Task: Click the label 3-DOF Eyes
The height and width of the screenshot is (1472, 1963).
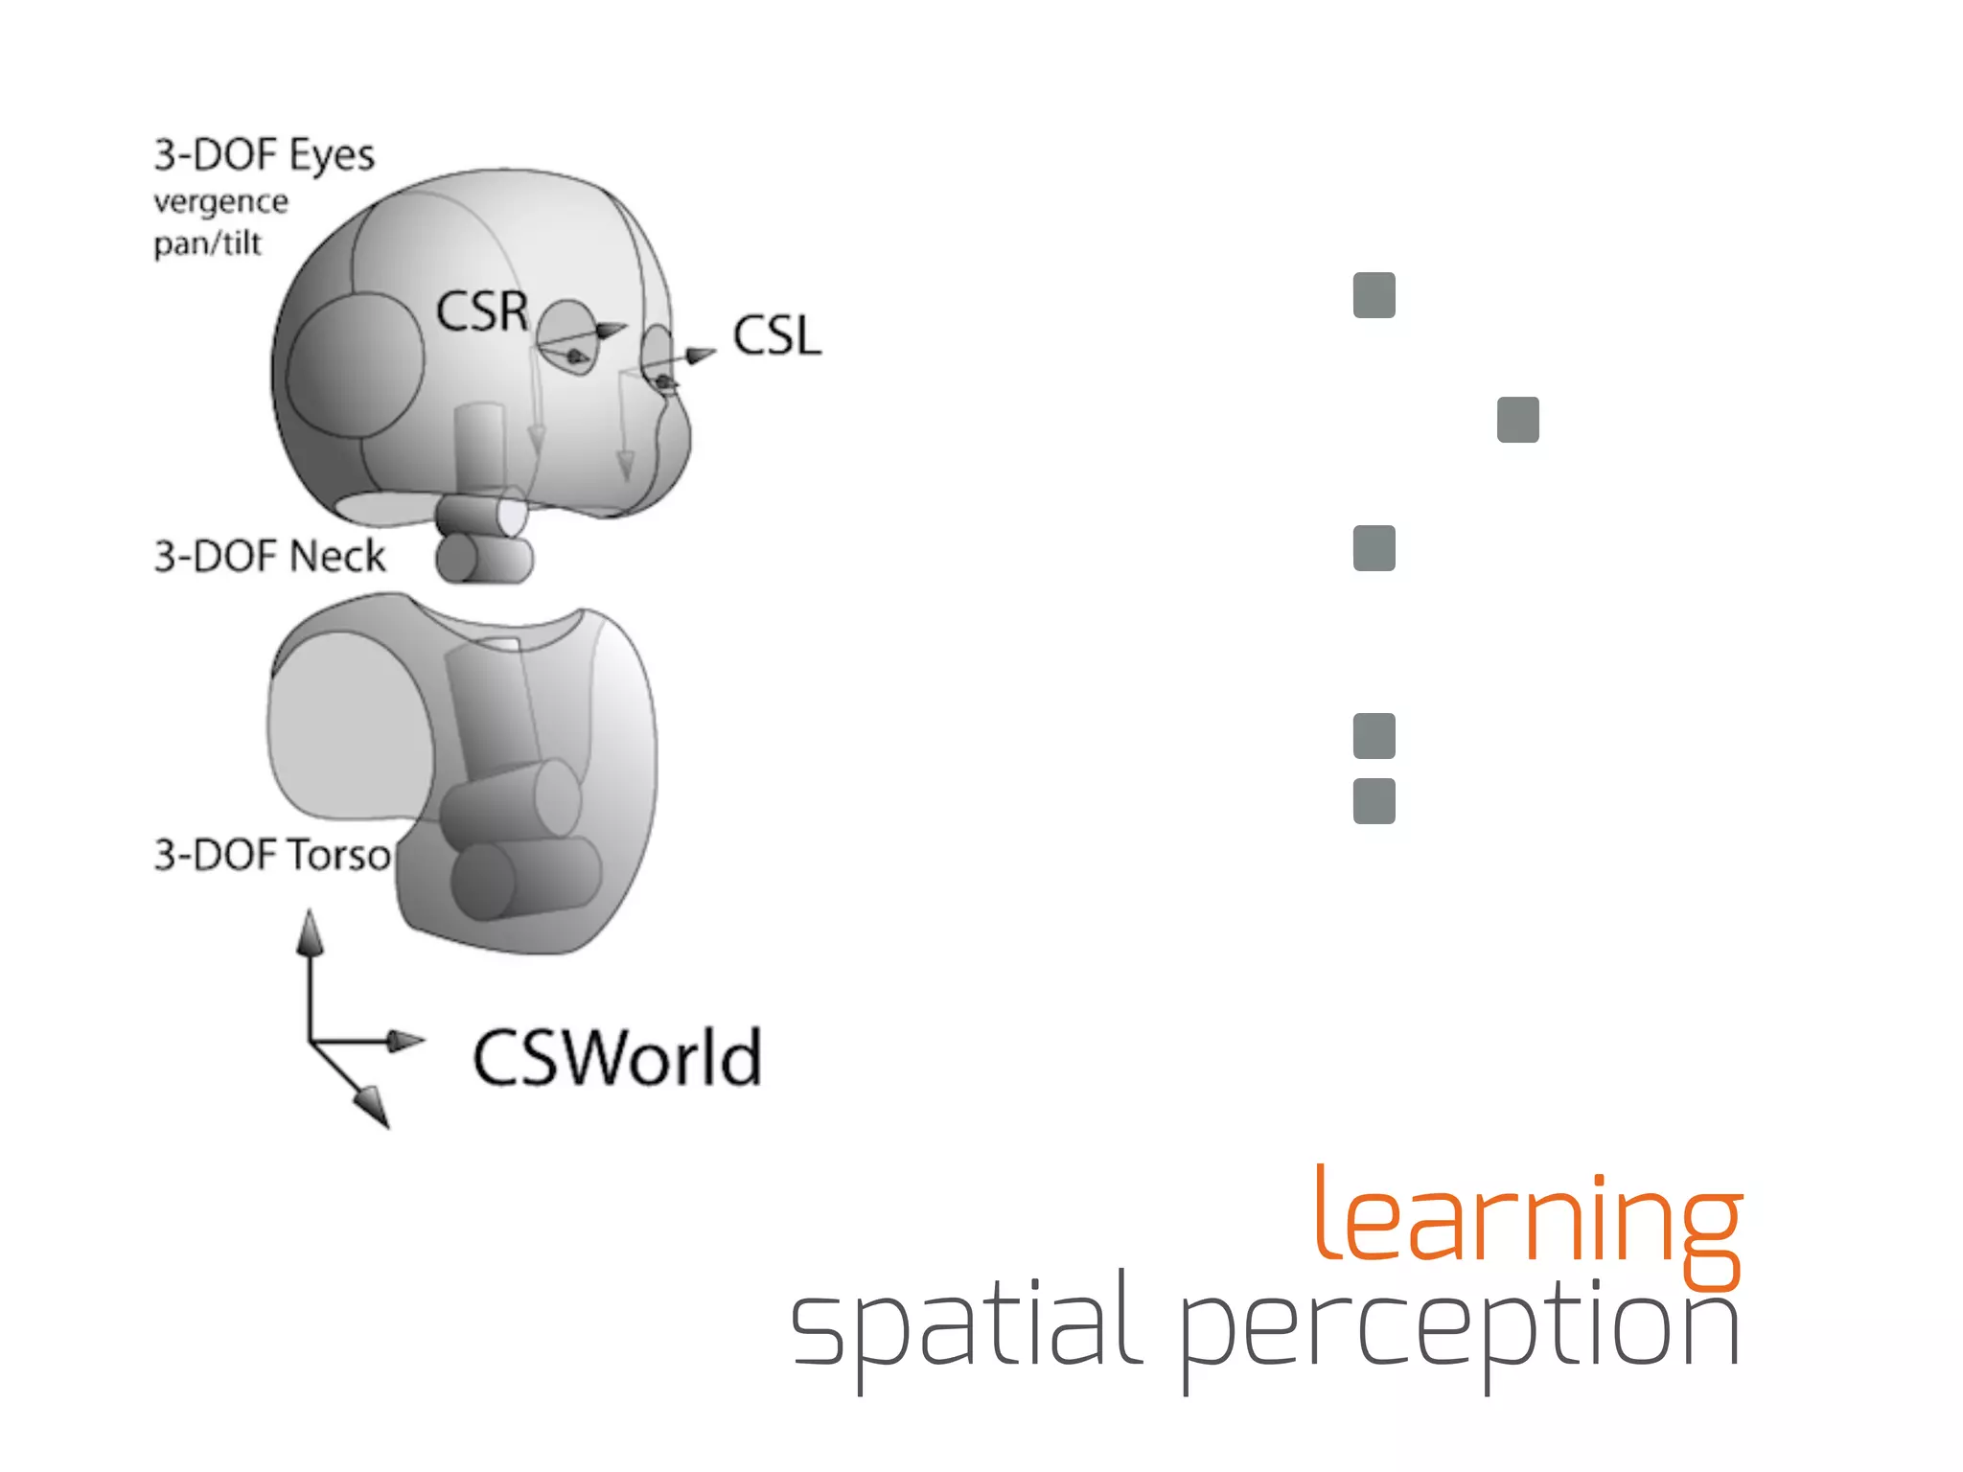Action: (x=265, y=155)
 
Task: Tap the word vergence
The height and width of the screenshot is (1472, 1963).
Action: (x=220, y=202)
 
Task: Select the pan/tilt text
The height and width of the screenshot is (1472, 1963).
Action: (x=207, y=243)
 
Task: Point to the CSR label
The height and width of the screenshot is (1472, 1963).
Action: (x=481, y=311)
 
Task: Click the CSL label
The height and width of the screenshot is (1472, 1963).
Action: (x=777, y=336)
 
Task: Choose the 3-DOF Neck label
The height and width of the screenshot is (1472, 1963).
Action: (x=269, y=557)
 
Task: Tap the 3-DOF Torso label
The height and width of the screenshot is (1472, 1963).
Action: (x=272, y=855)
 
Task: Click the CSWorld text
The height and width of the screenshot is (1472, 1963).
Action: (x=617, y=1058)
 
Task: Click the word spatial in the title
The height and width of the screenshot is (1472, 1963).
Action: (x=965, y=1326)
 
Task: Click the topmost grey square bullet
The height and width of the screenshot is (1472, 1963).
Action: (x=1374, y=295)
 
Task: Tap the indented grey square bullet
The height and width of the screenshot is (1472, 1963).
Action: (x=1517, y=420)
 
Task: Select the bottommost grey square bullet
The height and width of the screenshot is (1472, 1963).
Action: (x=1374, y=801)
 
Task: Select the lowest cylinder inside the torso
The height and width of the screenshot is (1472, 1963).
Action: (x=525, y=878)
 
